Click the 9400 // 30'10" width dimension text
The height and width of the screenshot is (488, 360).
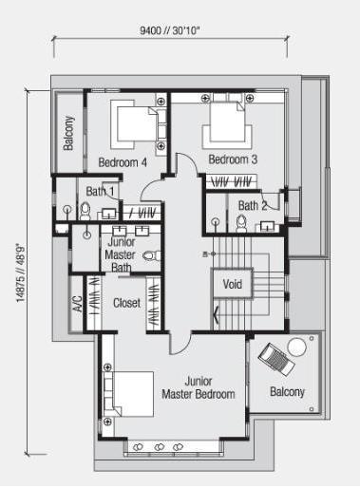click(170, 30)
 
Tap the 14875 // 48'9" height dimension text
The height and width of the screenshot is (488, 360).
click(20, 272)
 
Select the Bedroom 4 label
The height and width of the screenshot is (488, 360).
click(123, 162)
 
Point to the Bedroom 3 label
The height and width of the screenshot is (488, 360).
click(233, 160)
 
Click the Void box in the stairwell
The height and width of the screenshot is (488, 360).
click(233, 284)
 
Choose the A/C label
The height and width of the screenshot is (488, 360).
click(78, 304)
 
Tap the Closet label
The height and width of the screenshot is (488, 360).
click(126, 303)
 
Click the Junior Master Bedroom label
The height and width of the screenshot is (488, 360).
click(199, 387)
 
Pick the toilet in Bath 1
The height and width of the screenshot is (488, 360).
click(85, 211)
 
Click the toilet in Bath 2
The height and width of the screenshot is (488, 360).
click(241, 223)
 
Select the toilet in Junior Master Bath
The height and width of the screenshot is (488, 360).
click(152, 255)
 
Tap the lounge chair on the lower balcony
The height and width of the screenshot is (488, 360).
click(276, 360)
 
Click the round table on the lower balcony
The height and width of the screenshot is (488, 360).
click(296, 347)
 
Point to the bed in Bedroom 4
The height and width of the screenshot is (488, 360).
click(134, 123)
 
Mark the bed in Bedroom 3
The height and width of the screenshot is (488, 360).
click(227, 122)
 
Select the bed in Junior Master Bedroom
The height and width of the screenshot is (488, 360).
click(128, 394)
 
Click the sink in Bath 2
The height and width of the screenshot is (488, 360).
click(268, 227)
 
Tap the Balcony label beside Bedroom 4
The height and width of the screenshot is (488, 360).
click(68, 133)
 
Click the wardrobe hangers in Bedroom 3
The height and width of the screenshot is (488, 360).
click(232, 181)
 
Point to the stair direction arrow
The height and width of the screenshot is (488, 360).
click(217, 314)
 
